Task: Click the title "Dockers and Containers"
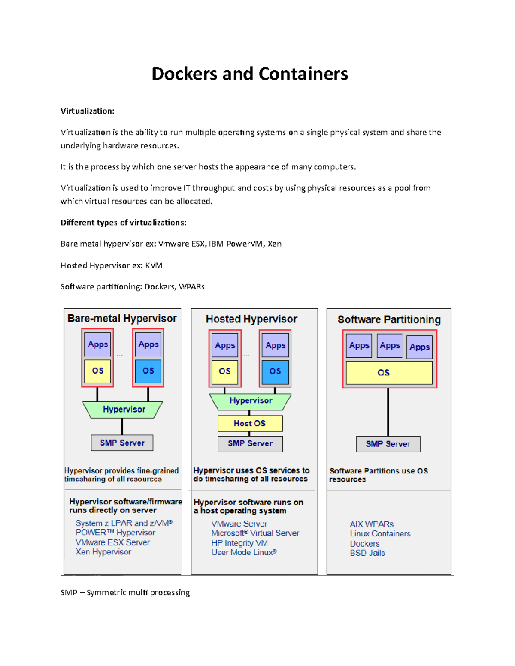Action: (250, 74)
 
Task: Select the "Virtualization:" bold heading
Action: (88, 111)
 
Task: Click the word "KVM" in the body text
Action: (154, 265)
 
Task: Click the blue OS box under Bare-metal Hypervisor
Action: (148, 371)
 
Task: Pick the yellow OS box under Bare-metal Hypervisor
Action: (97, 371)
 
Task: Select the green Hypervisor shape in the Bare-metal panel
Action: (123, 410)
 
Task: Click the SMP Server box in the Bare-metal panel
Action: (122, 443)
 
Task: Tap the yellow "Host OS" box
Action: (250, 423)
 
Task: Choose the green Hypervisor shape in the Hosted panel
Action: (251, 401)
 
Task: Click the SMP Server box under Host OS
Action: (250, 443)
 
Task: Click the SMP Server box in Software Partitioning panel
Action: (388, 444)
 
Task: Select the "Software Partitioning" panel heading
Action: (389, 319)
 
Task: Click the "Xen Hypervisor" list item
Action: (103, 552)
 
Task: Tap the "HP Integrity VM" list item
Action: (239, 543)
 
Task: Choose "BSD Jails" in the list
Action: (367, 553)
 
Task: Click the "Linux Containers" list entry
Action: (380, 533)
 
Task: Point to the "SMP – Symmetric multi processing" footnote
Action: (125, 592)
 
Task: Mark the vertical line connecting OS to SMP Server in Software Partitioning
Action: (388, 412)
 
